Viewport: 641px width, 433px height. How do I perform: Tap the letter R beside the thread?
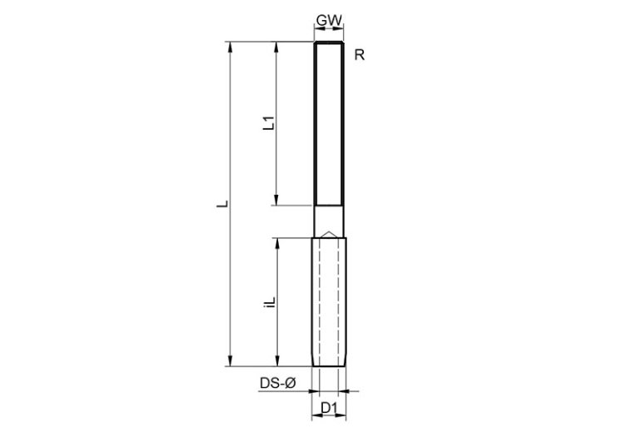(x=359, y=56)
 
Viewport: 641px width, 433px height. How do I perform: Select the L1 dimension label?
(x=268, y=124)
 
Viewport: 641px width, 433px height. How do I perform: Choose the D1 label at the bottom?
(x=329, y=407)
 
